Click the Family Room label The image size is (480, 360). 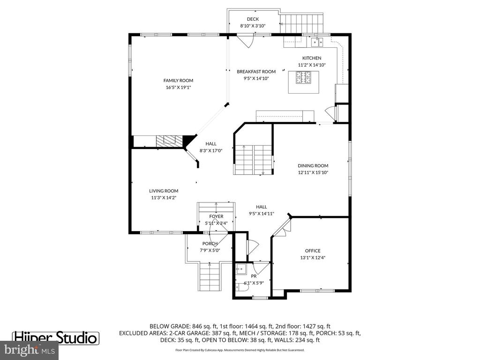(x=178, y=81)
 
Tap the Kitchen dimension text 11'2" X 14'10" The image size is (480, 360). (x=312, y=65)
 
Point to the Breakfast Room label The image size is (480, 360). (x=256, y=72)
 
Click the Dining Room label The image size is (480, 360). (x=313, y=165)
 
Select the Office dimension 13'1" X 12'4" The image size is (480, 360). (x=313, y=257)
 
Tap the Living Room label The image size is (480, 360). (x=164, y=191)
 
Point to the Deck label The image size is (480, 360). (x=253, y=19)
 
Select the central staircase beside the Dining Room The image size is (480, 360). (x=254, y=159)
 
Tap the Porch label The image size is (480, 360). (x=210, y=244)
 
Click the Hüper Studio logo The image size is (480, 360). (x=55, y=337)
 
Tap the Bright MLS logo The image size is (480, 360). (x=29, y=349)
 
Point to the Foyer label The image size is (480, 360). (x=216, y=217)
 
